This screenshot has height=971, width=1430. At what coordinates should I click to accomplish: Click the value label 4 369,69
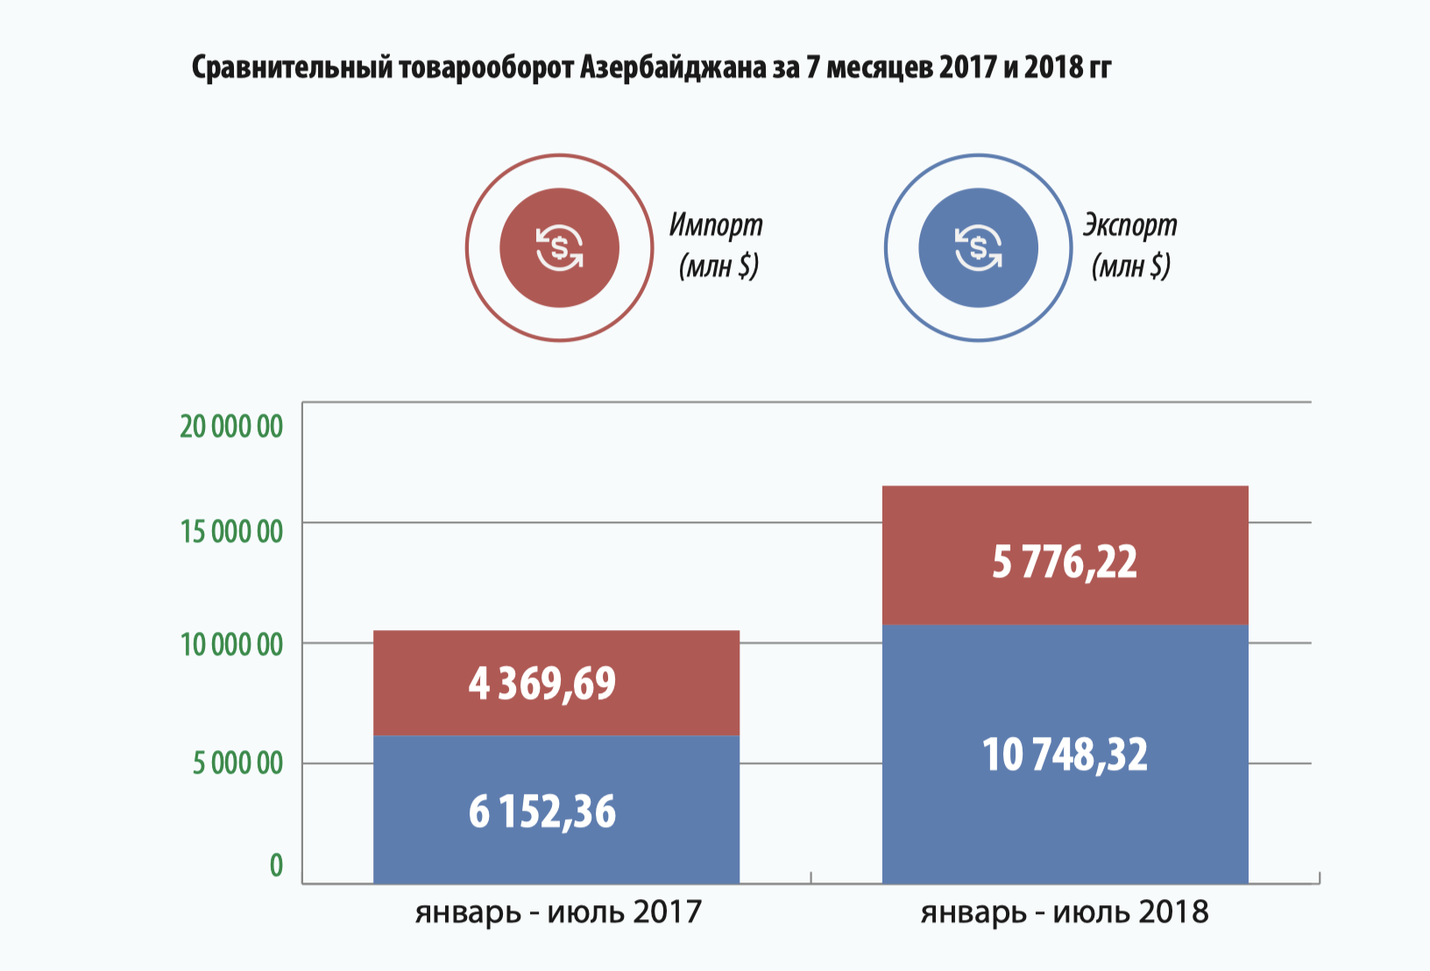tap(542, 684)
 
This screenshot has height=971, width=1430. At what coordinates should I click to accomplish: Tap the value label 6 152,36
tap(542, 812)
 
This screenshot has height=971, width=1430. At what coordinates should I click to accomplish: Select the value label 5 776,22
tap(1064, 562)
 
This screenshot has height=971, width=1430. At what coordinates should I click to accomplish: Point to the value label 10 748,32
tap(1064, 755)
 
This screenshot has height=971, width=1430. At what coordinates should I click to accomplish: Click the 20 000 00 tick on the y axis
tap(231, 427)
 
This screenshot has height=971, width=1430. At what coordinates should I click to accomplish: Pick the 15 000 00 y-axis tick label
tap(231, 531)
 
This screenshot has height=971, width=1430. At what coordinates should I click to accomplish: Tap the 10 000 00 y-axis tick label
tap(231, 645)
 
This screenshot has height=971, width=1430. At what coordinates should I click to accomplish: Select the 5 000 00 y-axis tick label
tap(237, 763)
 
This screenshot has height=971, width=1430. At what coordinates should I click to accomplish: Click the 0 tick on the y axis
tap(276, 866)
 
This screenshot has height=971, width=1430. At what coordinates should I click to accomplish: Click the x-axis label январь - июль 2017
tap(558, 912)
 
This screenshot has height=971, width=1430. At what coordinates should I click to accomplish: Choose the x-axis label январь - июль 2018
tap(1064, 912)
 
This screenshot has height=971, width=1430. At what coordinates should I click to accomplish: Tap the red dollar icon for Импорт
tap(559, 248)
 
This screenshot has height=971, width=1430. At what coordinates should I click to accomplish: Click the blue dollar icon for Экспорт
tap(978, 248)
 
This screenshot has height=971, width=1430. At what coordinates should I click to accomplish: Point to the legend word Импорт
tap(716, 225)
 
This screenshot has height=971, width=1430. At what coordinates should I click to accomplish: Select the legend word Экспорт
tap(1129, 225)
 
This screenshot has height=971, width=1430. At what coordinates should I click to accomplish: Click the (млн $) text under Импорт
tap(719, 266)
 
